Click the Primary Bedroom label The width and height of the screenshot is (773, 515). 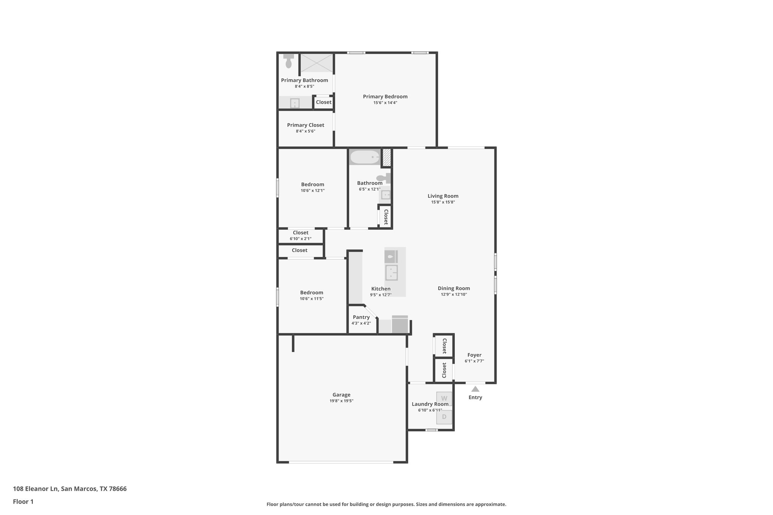click(x=385, y=97)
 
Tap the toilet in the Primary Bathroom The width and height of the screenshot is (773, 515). click(x=289, y=61)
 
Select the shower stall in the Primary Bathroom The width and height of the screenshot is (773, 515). click(x=317, y=63)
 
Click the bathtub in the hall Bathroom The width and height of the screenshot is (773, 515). click(x=365, y=157)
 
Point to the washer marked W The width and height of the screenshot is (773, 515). click(x=444, y=398)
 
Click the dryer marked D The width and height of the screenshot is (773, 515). click(x=444, y=417)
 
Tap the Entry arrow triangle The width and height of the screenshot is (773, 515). click(x=475, y=389)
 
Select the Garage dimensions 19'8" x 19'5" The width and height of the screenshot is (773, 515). click(x=341, y=401)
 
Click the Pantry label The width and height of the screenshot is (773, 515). click(x=361, y=317)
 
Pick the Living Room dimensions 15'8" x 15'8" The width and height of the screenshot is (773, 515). click(x=443, y=202)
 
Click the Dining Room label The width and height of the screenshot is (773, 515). click(x=454, y=288)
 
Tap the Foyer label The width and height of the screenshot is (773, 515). click(x=474, y=355)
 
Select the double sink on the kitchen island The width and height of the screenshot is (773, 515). click(x=391, y=272)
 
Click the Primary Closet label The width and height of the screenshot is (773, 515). click(x=305, y=125)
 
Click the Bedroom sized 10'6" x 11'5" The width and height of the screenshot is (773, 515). click(x=312, y=295)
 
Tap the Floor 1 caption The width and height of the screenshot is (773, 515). click(x=23, y=502)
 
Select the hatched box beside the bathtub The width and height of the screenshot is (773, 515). click(x=386, y=158)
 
